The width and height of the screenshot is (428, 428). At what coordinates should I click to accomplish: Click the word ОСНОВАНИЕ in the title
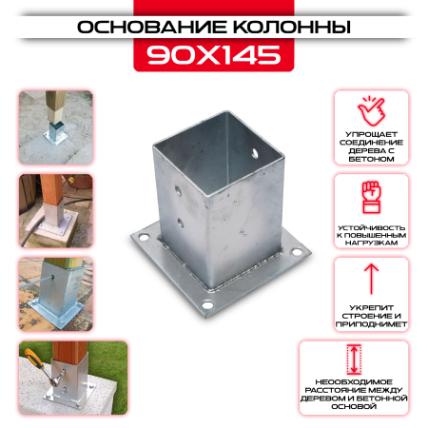(x=152, y=27)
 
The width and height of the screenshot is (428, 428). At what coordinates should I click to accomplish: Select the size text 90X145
(x=214, y=55)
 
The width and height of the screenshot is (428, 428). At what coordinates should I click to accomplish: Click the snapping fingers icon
(x=371, y=111)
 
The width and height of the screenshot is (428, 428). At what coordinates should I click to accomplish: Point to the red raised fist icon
(x=371, y=197)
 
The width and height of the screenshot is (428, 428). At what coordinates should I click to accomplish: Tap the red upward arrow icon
(x=371, y=279)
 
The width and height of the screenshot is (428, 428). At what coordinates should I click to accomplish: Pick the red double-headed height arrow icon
(x=354, y=360)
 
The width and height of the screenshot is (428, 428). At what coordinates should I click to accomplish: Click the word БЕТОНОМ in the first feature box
(x=371, y=159)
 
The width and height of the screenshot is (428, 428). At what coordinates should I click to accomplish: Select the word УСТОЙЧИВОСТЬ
(x=371, y=227)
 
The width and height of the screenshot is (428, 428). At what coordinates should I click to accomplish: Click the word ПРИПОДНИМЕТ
(x=371, y=324)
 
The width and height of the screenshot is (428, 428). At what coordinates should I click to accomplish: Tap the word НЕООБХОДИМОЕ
(x=354, y=382)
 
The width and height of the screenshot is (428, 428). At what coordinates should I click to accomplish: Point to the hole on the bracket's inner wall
(x=255, y=153)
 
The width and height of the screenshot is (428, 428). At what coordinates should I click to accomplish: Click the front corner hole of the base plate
(x=207, y=305)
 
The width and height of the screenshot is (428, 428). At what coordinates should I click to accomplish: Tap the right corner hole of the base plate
(x=297, y=252)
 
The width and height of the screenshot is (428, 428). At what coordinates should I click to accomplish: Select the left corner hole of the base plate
(x=144, y=237)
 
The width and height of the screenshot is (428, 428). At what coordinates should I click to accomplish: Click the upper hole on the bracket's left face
(x=178, y=191)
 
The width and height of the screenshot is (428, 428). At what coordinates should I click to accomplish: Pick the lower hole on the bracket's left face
(x=180, y=224)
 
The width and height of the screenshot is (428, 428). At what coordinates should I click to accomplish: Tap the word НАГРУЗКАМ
(x=371, y=243)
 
